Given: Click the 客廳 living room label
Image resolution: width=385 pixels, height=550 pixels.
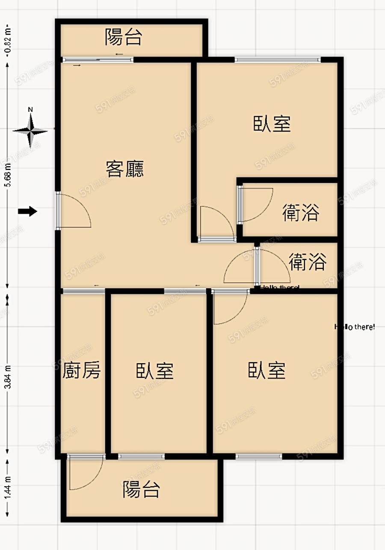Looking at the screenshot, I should tap(125, 169).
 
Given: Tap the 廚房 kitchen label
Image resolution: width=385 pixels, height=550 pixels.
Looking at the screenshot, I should tap(82, 371).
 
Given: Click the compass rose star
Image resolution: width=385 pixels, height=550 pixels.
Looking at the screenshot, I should tap(30, 131).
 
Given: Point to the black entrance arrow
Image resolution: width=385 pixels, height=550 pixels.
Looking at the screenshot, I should tap(28, 211).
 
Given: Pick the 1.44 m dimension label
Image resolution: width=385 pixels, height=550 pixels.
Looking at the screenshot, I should tap(7, 486).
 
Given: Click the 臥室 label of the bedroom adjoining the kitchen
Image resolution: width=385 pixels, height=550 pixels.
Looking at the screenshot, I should tap(155, 371).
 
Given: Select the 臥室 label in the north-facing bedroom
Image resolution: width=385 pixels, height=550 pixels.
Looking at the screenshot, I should tap(272, 124).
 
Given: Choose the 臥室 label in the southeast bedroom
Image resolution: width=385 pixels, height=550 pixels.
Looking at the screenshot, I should tap(267, 370).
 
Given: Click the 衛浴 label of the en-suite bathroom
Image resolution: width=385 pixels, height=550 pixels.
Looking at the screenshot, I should tap(301, 212).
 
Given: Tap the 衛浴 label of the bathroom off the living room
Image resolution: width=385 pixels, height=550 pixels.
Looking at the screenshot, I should tap(308, 262).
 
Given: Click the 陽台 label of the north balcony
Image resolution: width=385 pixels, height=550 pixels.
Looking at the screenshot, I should tap(123, 38).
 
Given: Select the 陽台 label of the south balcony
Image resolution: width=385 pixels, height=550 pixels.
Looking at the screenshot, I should tap(141, 489).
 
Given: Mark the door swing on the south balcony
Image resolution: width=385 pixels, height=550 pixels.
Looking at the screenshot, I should tap(86, 473).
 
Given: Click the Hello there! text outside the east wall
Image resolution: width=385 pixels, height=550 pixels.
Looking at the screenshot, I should tap(355, 327).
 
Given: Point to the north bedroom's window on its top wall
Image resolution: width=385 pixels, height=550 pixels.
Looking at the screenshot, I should tap(277, 60).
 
